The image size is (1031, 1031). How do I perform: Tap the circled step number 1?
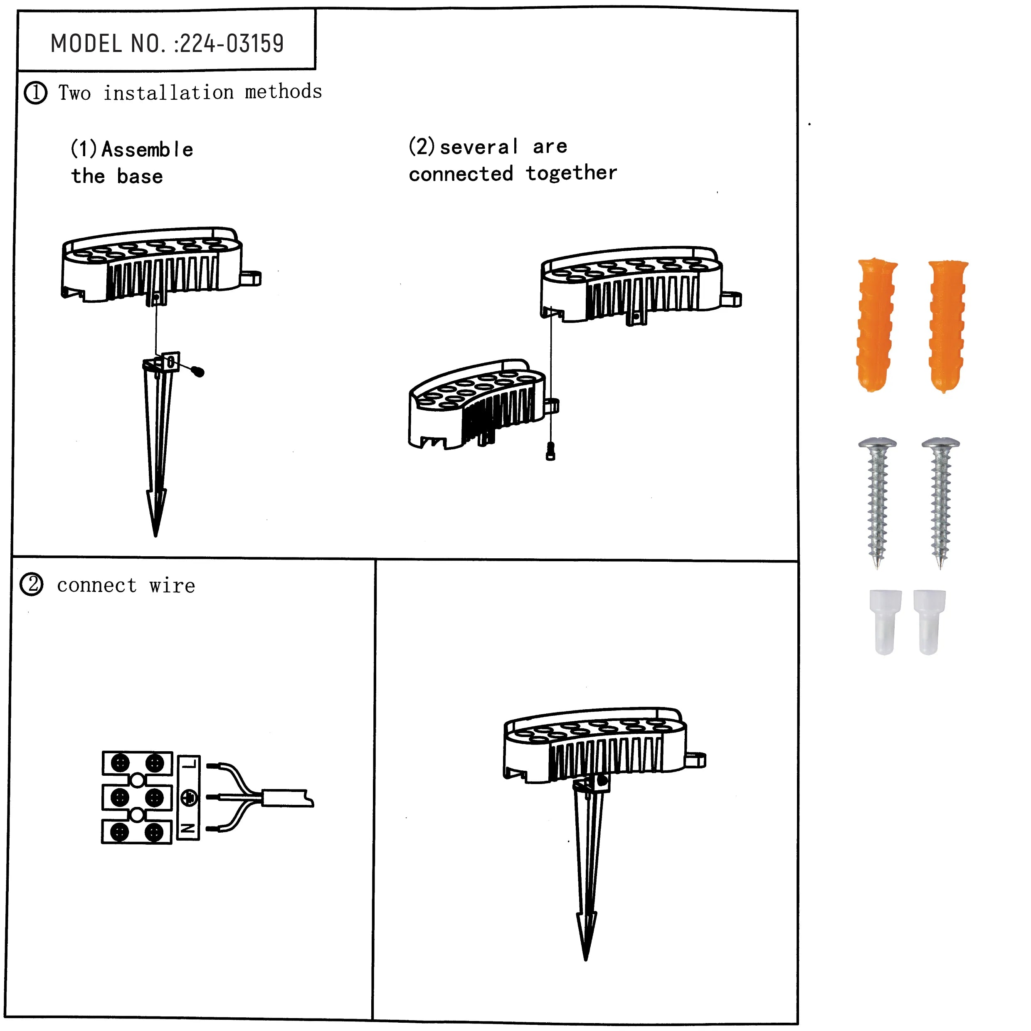pos(36,93)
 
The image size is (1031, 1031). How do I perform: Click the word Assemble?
pos(147,149)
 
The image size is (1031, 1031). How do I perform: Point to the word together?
pos(572,173)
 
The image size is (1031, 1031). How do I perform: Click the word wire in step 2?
pos(173,585)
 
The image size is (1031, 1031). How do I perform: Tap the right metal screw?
pos(940,503)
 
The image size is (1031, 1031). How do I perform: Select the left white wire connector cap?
pos(885,622)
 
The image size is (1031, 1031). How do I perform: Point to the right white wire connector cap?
pos(929,622)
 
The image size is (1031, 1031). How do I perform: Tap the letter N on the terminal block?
pos(189,829)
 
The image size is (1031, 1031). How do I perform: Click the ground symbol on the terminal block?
pos(189,798)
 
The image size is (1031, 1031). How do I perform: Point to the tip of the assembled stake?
pos(585,960)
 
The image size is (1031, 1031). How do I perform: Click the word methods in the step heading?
pos(284,92)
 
